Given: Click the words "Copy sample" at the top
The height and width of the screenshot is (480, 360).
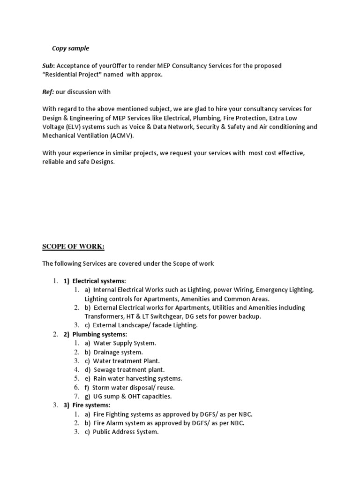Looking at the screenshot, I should click(70, 48).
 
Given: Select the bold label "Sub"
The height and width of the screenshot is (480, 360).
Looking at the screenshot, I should click(48, 66).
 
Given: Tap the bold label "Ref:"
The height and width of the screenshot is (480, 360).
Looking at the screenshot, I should click(49, 92).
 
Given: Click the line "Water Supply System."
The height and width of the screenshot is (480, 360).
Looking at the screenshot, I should click(124, 343).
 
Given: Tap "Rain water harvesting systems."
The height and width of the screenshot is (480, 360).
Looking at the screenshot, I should click(138, 378).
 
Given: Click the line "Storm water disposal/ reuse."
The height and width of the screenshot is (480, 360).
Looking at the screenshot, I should click(134, 388).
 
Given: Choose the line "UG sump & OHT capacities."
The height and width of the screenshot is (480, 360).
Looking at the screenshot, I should click(133, 396).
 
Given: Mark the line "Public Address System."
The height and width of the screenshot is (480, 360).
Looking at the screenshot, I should click(126, 432).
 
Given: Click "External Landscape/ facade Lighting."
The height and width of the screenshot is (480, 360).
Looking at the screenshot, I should click(145, 325).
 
